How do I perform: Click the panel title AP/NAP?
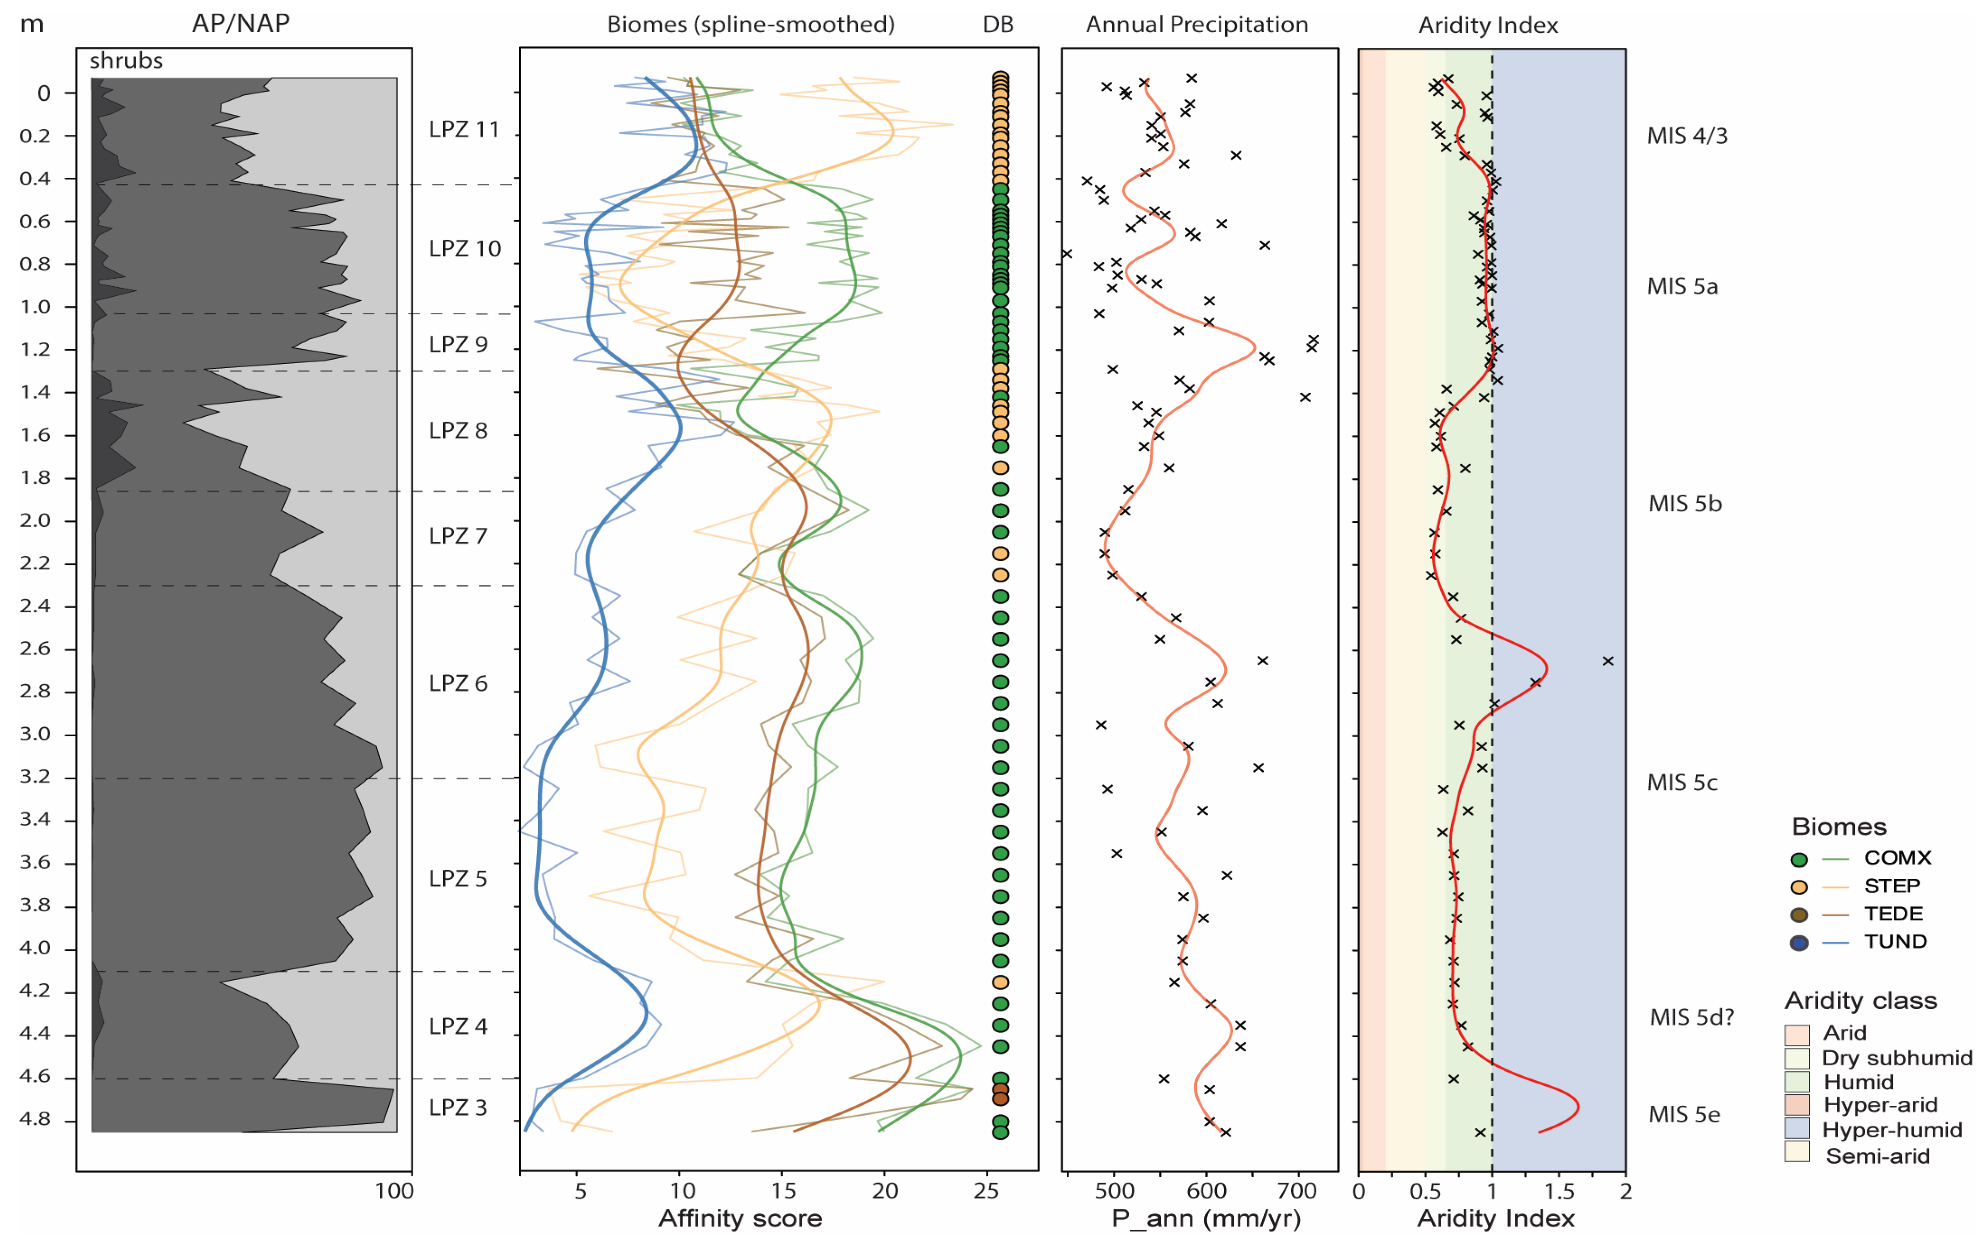[241, 24]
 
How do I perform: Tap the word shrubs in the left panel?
[126, 61]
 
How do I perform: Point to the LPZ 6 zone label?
[458, 683]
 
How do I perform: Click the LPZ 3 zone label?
[458, 1107]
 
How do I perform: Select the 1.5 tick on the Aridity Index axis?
[1559, 1191]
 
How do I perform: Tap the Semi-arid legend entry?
[1877, 1156]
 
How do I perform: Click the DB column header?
[998, 24]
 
